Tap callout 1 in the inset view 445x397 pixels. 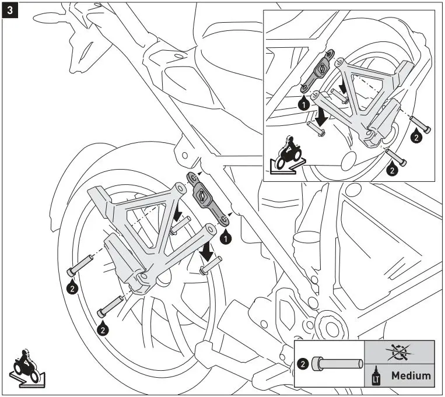point(303,105)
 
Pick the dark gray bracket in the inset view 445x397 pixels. point(320,69)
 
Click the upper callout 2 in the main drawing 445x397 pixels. point(71,287)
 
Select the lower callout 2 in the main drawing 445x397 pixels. point(103,329)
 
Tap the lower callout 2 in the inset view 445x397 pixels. point(392,170)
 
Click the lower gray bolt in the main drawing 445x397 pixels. point(109,304)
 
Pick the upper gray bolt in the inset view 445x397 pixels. point(421,124)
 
